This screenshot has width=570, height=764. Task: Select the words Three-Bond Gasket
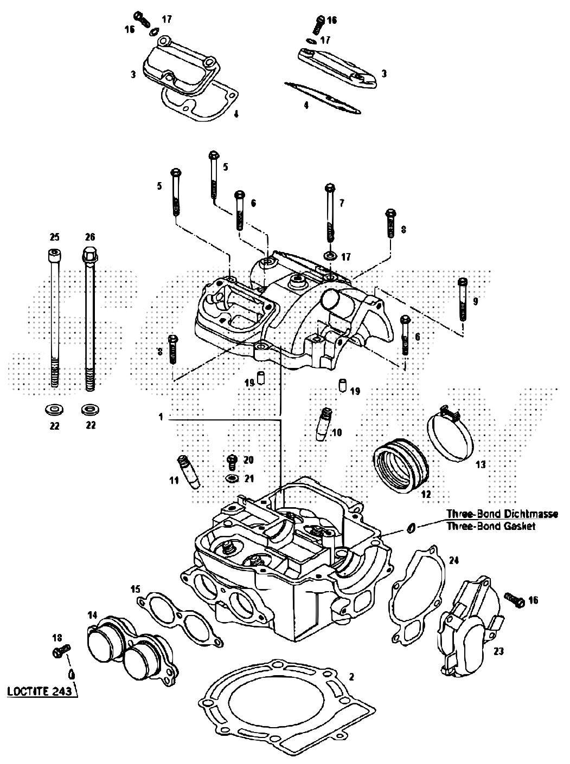pyautogui.click(x=491, y=526)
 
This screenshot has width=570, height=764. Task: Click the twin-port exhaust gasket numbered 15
pyautogui.click(x=180, y=619)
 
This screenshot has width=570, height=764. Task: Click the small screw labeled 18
pyautogui.click(x=61, y=650)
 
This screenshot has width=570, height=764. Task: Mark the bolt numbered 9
pyautogui.click(x=463, y=300)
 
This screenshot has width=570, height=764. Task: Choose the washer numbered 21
pyautogui.click(x=232, y=478)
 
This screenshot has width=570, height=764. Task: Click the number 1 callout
pyautogui.click(x=161, y=417)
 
